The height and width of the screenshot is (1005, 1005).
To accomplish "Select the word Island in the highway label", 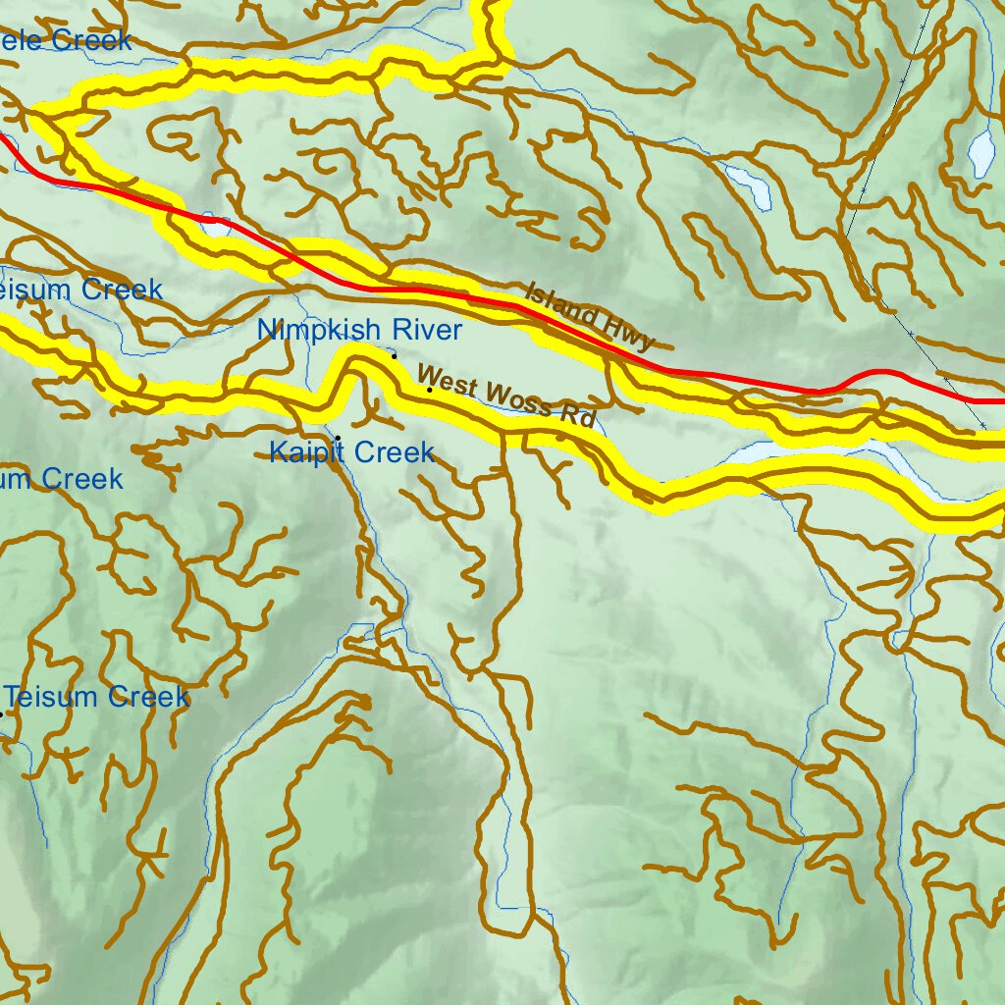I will pyautogui.click(x=561, y=304).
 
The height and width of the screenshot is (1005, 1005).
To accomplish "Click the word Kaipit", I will pyautogui.click(x=307, y=452).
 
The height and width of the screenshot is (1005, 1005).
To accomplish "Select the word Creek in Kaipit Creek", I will pyautogui.click(x=396, y=452).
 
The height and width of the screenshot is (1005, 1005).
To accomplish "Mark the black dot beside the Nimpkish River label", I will pyautogui.click(x=394, y=356).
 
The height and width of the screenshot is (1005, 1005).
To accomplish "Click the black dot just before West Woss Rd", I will pyautogui.click(x=429, y=390).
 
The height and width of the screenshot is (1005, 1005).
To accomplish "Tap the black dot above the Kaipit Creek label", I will pyautogui.click(x=338, y=437).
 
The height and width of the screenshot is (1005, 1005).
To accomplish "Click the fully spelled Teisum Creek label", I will pyautogui.click(x=96, y=698).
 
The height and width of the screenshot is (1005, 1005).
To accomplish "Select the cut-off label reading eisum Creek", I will pyautogui.click(x=80, y=290).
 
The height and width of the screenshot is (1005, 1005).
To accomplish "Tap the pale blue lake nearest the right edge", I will pyautogui.click(x=980, y=152).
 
